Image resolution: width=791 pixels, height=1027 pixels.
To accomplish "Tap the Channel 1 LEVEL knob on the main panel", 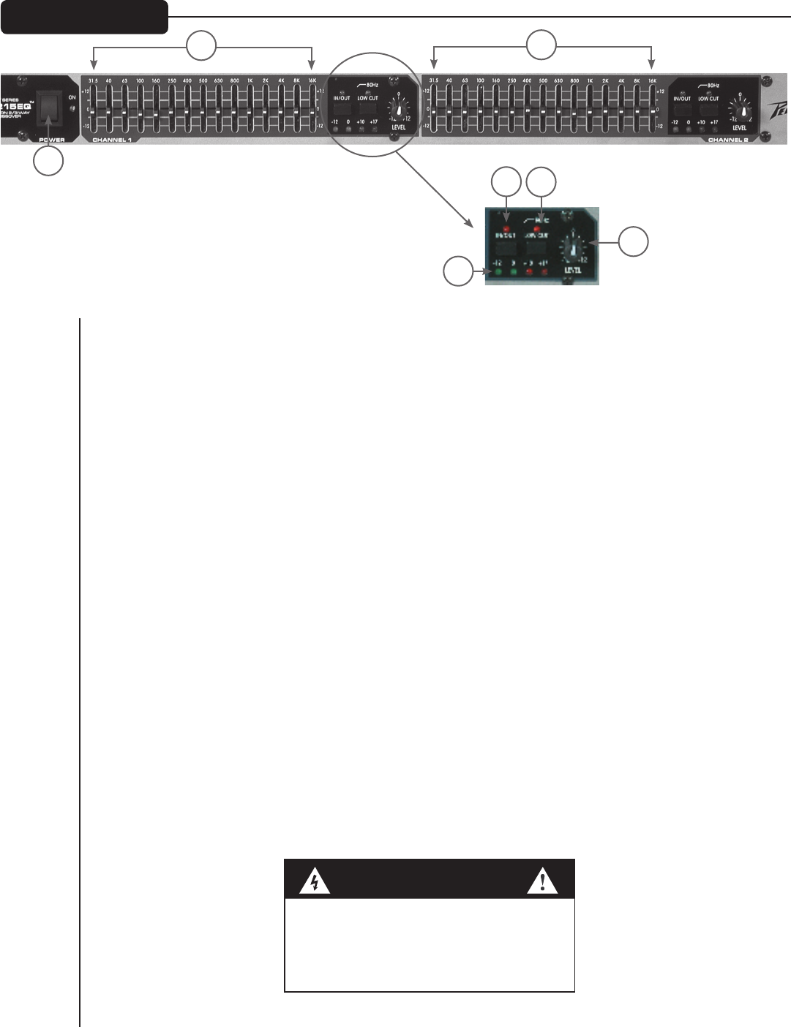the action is pos(398,110).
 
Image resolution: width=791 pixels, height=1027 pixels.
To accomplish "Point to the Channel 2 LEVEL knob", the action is pos(743,110).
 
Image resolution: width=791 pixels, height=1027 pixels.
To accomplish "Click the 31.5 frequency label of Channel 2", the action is pos(433,80).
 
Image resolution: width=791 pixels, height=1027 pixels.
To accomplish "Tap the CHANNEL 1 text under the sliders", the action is pos(112,139).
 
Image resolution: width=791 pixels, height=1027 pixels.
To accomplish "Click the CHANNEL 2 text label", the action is pos(727,139).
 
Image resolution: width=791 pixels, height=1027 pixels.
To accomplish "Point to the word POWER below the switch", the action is pos(48,139).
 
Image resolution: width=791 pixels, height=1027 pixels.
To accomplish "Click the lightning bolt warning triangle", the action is pos(315,883).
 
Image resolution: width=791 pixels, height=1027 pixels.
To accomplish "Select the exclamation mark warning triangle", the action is pos(542,883).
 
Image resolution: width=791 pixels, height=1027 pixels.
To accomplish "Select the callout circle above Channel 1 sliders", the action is pos(201,45).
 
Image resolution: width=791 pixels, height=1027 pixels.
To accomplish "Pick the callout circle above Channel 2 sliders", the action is pos(541,45).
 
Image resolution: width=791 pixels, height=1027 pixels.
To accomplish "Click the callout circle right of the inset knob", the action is pos(634,242).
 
